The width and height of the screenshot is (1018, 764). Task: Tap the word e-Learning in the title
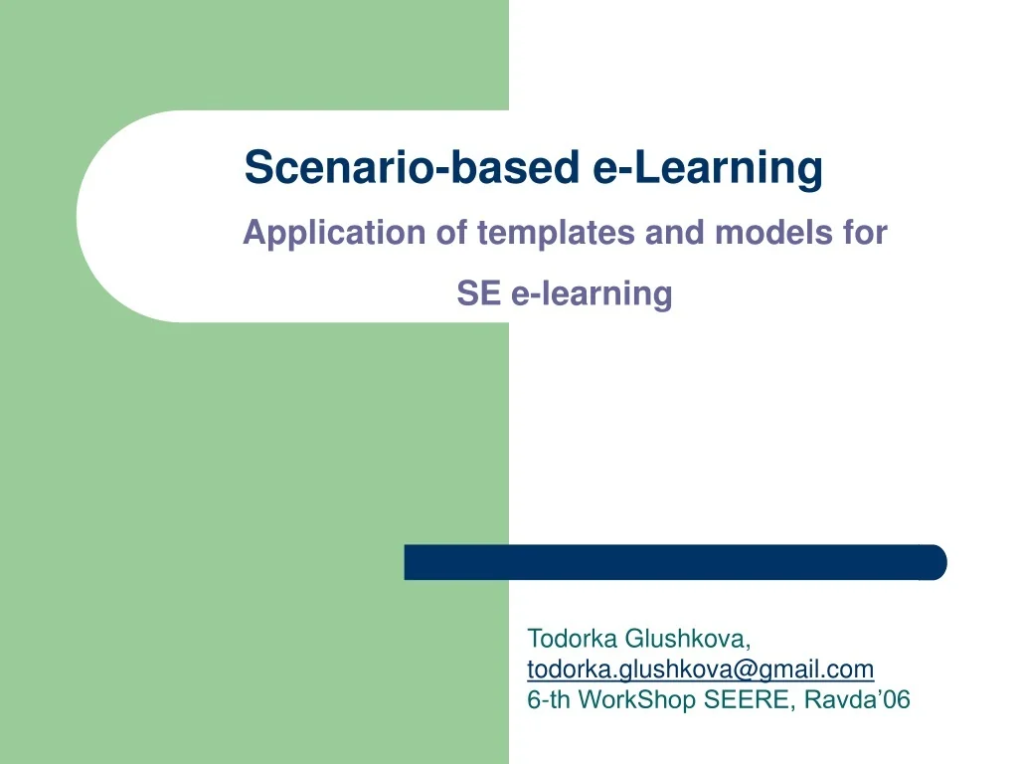pos(708,167)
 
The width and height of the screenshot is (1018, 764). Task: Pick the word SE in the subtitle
pos(478,293)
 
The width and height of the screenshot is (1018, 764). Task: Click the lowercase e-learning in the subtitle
pos(593,293)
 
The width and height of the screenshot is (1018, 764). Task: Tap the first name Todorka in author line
pos(573,638)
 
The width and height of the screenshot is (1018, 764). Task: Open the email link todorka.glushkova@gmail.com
pos(700,668)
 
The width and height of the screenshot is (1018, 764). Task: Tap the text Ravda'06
pos(857,699)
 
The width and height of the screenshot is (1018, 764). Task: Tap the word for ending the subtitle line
pos(864,234)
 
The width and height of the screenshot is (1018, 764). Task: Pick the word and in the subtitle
pos(677,234)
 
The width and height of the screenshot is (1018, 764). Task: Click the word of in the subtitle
pos(452,234)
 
